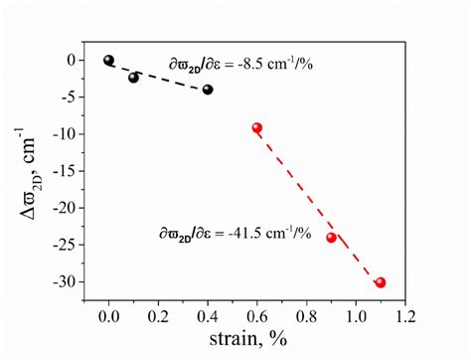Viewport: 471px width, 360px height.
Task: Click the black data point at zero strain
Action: tap(109, 60)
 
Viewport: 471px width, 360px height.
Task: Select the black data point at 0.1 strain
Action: tap(134, 78)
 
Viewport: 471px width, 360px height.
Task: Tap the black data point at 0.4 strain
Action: tap(208, 90)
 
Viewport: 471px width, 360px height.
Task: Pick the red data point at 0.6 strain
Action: tap(257, 128)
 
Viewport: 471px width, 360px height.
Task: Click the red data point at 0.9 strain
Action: tap(331, 238)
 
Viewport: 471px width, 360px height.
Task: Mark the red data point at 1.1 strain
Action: tap(381, 282)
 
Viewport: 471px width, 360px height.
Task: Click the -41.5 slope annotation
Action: tap(235, 234)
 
